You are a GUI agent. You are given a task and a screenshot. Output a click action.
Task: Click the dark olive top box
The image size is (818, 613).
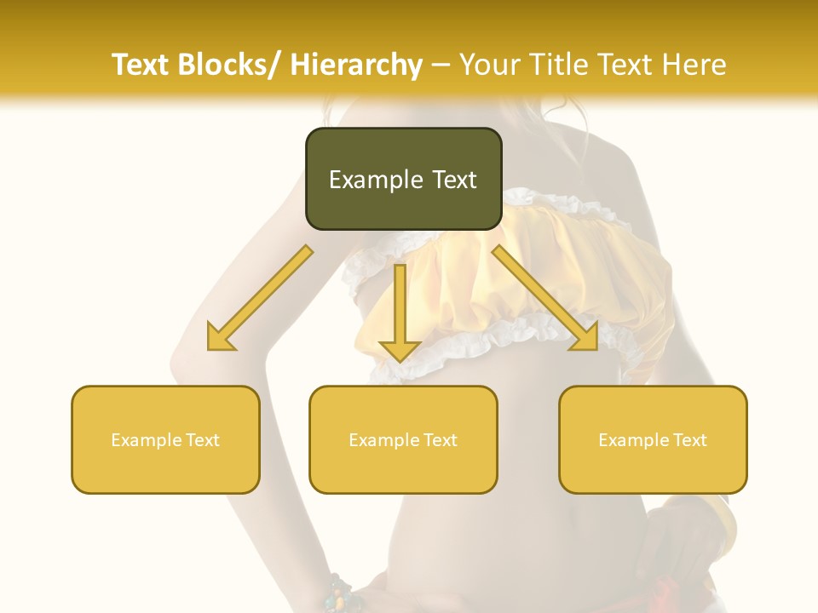coord(403,179)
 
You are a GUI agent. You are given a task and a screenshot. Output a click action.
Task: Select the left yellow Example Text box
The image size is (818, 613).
coord(165,439)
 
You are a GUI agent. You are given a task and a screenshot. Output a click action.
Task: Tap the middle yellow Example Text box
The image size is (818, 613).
coord(403,439)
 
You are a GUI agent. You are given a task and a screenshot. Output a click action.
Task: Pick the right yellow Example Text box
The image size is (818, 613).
coord(653,439)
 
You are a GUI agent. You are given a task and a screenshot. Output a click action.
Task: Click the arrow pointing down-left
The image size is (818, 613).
coord(260,298)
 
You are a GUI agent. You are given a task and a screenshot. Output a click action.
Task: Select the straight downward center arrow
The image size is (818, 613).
coord(399,311)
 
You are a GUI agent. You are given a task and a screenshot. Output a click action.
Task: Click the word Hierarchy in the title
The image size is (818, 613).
coord(356,65)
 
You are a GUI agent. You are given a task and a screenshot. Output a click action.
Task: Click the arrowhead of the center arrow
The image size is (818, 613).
coord(399,350)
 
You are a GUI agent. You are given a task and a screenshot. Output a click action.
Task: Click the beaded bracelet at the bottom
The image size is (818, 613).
coord(341,594)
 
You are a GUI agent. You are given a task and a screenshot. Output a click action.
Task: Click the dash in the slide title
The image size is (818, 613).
coord(441,65)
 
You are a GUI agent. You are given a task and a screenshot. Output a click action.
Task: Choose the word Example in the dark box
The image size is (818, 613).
coord(376,180)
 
